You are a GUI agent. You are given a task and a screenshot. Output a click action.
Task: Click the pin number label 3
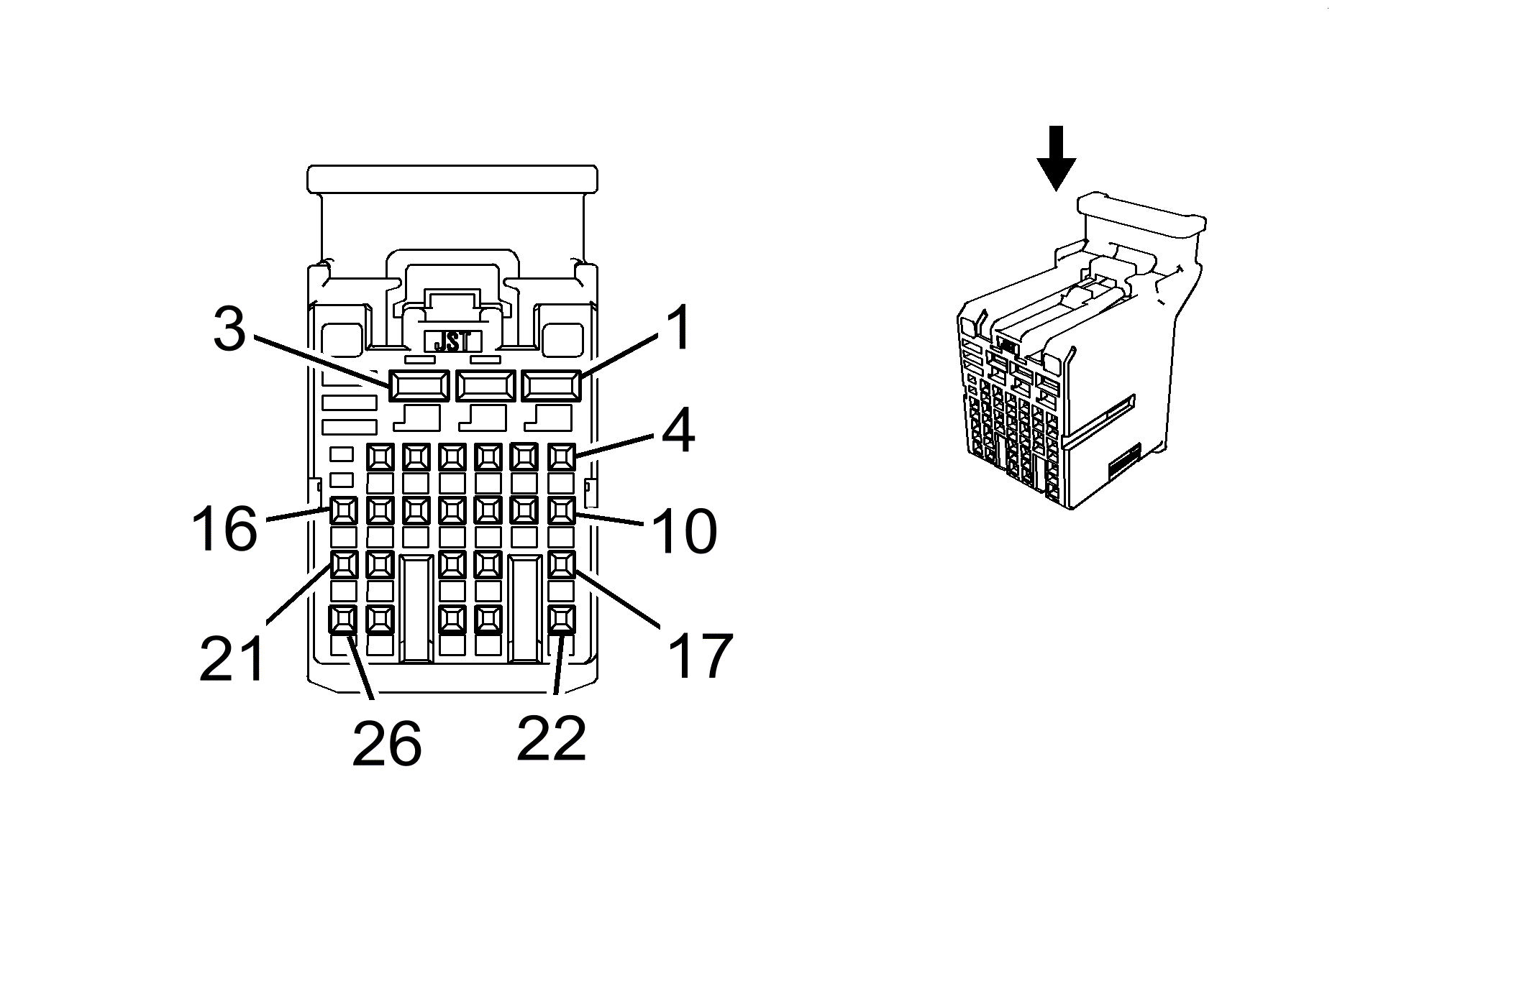pyautogui.click(x=229, y=329)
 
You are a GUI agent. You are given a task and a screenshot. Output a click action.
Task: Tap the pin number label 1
pyautogui.click(x=677, y=328)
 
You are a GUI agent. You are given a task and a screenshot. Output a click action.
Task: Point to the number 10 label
pyautogui.click(x=683, y=531)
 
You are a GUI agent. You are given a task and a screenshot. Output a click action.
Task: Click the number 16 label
pyautogui.click(x=224, y=528)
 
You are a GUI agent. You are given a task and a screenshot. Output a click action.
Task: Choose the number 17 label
pyautogui.click(x=699, y=655)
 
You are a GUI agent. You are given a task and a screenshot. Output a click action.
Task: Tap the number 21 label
pyautogui.click(x=232, y=658)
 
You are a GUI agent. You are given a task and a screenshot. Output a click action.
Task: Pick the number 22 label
pyautogui.click(x=551, y=737)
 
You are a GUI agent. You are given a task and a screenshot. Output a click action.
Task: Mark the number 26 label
pyautogui.click(x=386, y=743)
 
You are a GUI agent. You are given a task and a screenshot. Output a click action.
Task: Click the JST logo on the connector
pyautogui.click(x=452, y=341)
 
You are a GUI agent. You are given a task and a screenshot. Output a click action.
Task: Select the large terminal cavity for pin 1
pyautogui.click(x=551, y=387)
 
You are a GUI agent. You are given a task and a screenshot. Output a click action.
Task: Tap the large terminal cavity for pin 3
pyautogui.click(x=419, y=387)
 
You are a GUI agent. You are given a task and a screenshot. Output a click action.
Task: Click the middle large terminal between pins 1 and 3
pyautogui.click(x=485, y=387)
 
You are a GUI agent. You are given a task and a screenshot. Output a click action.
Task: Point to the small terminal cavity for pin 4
pyautogui.click(x=561, y=456)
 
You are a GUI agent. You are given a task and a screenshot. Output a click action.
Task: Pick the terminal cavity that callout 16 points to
pyautogui.click(x=344, y=511)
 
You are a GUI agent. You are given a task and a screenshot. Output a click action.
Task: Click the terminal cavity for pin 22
pyautogui.click(x=561, y=619)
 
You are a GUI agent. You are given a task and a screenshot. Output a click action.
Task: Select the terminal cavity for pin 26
pyautogui.click(x=344, y=619)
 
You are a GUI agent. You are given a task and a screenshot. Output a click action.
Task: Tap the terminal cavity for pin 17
pyautogui.click(x=561, y=565)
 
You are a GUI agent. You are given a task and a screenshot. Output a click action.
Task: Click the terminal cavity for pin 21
pyautogui.click(x=344, y=565)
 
